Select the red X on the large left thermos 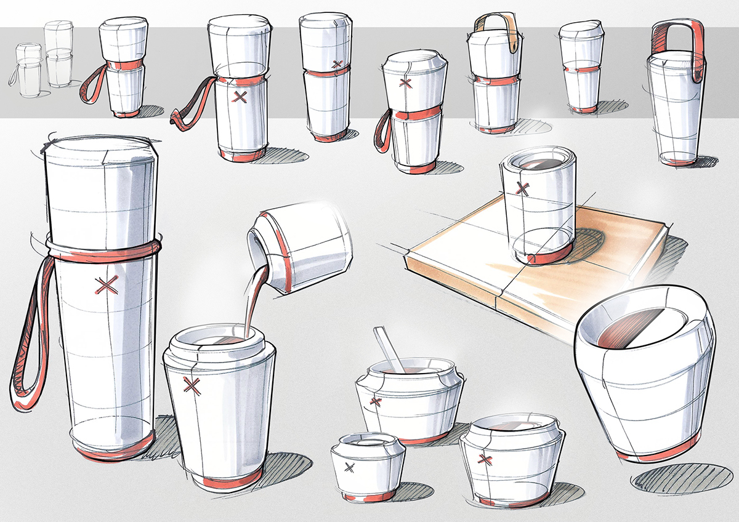(107, 284)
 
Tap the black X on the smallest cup (350, 467)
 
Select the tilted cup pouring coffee (300, 249)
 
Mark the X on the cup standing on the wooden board (523, 187)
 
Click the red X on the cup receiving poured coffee (193, 386)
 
